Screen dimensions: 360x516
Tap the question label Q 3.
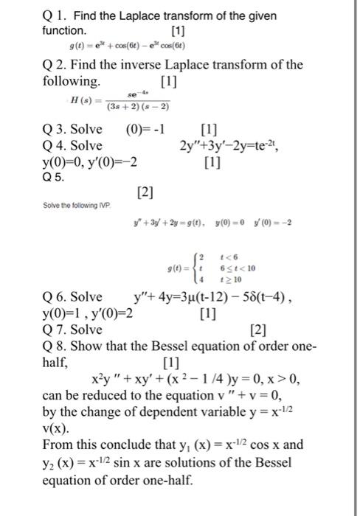tap(55, 130)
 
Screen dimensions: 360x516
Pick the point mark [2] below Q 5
tap(145, 192)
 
